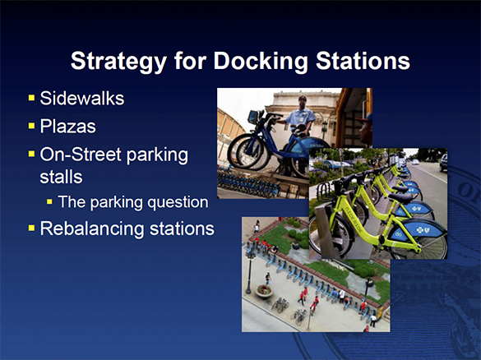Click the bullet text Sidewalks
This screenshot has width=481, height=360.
point(82,99)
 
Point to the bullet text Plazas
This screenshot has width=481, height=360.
point(70,127)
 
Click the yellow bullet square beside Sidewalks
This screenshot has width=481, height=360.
point(30,99)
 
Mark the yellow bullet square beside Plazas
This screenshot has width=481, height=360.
point(30,127)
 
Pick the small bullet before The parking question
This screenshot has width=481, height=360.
point(49,201)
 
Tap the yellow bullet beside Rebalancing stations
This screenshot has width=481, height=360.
point(30,227)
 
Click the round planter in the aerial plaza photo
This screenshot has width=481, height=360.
point(264,290)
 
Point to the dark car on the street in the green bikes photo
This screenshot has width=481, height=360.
point(443,163)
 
